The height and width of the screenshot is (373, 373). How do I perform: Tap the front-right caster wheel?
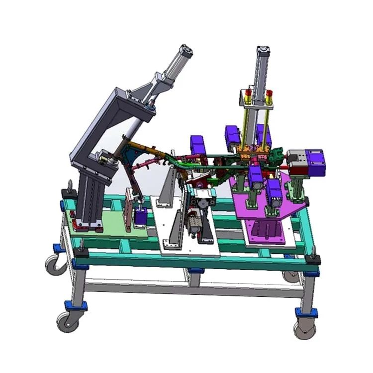(304, 329)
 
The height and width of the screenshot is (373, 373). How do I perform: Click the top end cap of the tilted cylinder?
(186, 50)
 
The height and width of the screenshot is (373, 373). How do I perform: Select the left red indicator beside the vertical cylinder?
(247, 93)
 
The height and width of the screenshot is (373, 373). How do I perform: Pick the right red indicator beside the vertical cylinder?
(269, 94)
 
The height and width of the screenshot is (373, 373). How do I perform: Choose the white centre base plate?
(186, 239)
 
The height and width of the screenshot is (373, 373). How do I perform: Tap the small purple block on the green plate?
(141, 216)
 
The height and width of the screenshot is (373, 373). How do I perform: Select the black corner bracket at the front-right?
(313, 260)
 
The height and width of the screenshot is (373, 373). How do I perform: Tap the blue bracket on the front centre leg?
(196, 271)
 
